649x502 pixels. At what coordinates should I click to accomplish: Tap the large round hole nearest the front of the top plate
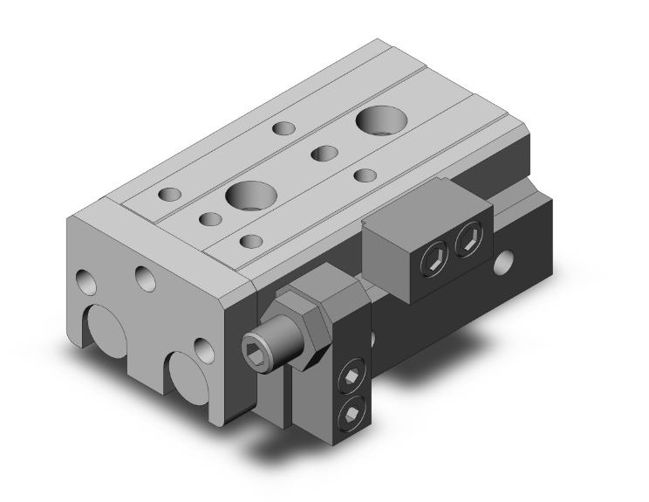[x=249, y=195]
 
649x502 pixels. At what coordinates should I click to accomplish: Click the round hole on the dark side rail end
[x=504, y=260]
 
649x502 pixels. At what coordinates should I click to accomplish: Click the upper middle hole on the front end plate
[x=145, y=279]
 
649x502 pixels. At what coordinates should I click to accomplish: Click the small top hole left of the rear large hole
[x=284, y=128]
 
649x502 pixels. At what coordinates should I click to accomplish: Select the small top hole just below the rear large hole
[x=365, y=175]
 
